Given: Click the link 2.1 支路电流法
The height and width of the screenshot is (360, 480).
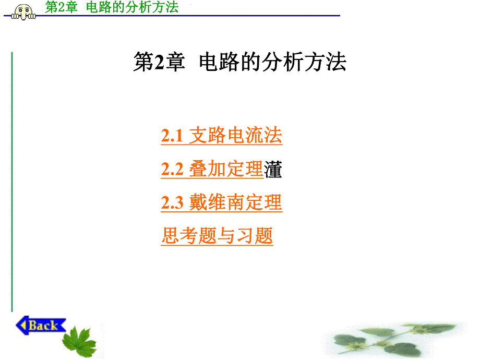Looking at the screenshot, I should (221, 136).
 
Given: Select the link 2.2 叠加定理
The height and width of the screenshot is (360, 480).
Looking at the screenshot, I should (212, 169).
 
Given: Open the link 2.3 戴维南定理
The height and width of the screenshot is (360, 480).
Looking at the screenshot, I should (221, 202).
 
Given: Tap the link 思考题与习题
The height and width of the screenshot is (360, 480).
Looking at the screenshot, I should (217, 236).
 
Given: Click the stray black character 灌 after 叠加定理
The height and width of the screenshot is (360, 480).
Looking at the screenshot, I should (273, 170).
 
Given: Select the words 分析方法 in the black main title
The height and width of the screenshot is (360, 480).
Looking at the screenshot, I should (318, 63).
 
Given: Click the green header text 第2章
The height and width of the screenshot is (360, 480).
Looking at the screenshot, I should (61, 7).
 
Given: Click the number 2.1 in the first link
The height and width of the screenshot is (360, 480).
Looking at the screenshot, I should (172, 136).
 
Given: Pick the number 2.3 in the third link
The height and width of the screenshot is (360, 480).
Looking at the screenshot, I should (172, 203).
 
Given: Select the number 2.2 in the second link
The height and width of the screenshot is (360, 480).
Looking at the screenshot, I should (172, 170).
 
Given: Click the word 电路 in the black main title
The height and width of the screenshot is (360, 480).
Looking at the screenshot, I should (214, 63).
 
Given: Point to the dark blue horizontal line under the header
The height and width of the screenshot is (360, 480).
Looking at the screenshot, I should (209, 16).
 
